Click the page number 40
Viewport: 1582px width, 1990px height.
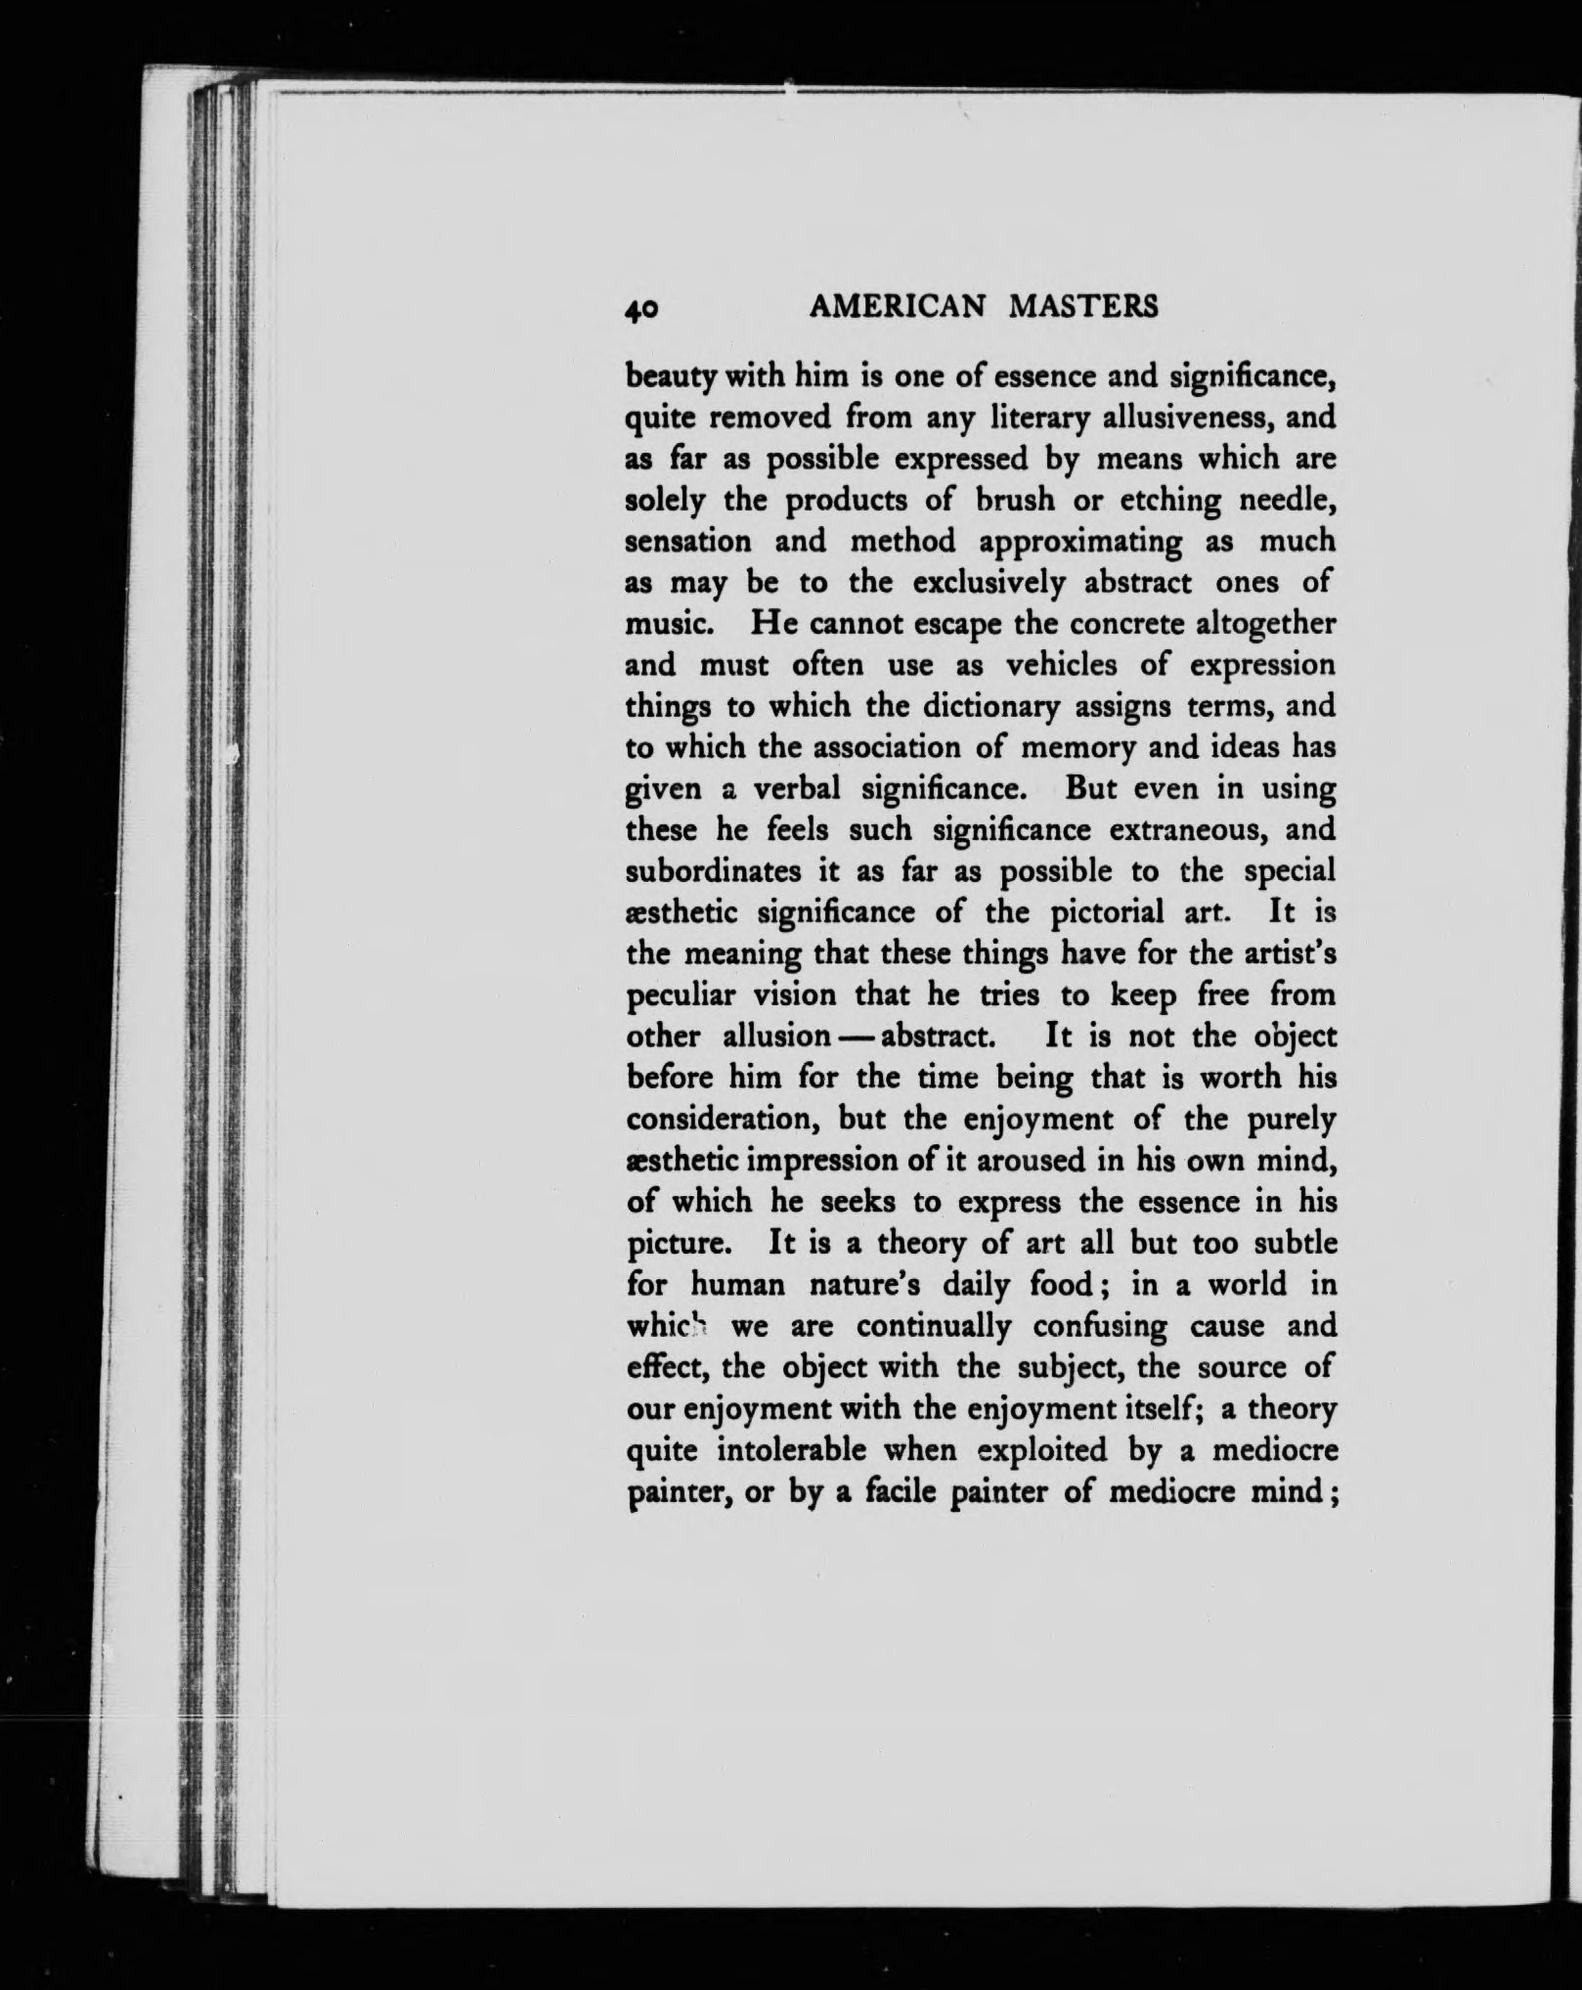coord(644,309)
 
